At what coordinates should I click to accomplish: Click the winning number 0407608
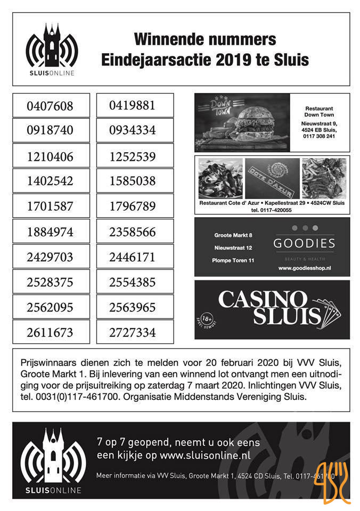50,106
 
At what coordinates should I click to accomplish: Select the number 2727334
133,333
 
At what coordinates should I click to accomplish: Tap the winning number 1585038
133,181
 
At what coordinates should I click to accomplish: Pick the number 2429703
50,257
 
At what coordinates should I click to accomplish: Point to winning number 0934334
133,130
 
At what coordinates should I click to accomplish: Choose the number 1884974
50,232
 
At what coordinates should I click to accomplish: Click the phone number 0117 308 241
320,136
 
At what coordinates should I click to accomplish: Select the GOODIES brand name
304,244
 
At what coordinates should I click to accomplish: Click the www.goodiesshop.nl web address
304,269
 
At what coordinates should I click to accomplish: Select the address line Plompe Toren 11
233,261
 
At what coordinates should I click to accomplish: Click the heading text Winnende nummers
205,39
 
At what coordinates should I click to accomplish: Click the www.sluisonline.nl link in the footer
204,456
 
